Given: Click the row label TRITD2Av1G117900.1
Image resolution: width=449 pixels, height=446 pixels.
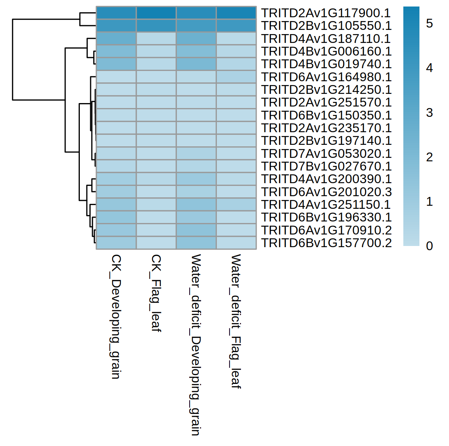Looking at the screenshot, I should (x=326, y=13).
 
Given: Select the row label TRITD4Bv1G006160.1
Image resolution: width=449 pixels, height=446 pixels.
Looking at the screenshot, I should (x=326, y=51).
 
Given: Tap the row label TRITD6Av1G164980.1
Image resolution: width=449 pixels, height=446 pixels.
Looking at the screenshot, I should (x=326, y=77).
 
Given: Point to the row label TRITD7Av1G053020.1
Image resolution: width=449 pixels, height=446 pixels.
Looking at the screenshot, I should (x=326, y=154).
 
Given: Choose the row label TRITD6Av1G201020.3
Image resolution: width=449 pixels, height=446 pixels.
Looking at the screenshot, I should (x=326, y=192).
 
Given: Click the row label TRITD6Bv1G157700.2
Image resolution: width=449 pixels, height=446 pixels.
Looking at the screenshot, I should (x=326, y=243).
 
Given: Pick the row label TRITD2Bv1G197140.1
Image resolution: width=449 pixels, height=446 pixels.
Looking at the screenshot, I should (x=326, y=141).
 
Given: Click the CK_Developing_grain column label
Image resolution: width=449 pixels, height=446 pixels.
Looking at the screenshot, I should (x=116, y=316).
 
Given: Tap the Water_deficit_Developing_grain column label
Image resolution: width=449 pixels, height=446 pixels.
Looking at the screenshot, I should (x=196, y=344).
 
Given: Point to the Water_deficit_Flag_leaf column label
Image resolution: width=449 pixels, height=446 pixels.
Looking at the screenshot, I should (x=236, y=321).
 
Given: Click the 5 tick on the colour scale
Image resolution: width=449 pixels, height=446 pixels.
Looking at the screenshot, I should (x=429, y=24).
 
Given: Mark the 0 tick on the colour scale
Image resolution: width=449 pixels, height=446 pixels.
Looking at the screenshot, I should (x=429, y=246).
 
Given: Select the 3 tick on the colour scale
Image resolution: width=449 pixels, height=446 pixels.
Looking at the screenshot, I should (x=429, y=113).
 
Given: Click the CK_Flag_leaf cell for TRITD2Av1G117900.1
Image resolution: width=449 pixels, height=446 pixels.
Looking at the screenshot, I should (x=156, y=13).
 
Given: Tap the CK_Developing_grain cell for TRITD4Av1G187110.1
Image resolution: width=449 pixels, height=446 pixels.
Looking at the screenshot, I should (x=116, y=39).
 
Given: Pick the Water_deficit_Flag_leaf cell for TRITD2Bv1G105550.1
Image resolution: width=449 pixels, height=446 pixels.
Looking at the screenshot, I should (x=236, y=26).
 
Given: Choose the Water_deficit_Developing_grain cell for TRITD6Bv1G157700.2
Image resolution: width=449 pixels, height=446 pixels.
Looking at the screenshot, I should (x=196, y=243).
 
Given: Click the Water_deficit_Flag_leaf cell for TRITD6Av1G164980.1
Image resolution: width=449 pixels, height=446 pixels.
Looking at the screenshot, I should (x=236, y=77).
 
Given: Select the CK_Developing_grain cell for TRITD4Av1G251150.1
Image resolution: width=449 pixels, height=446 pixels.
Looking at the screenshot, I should (x=116, y=205).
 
